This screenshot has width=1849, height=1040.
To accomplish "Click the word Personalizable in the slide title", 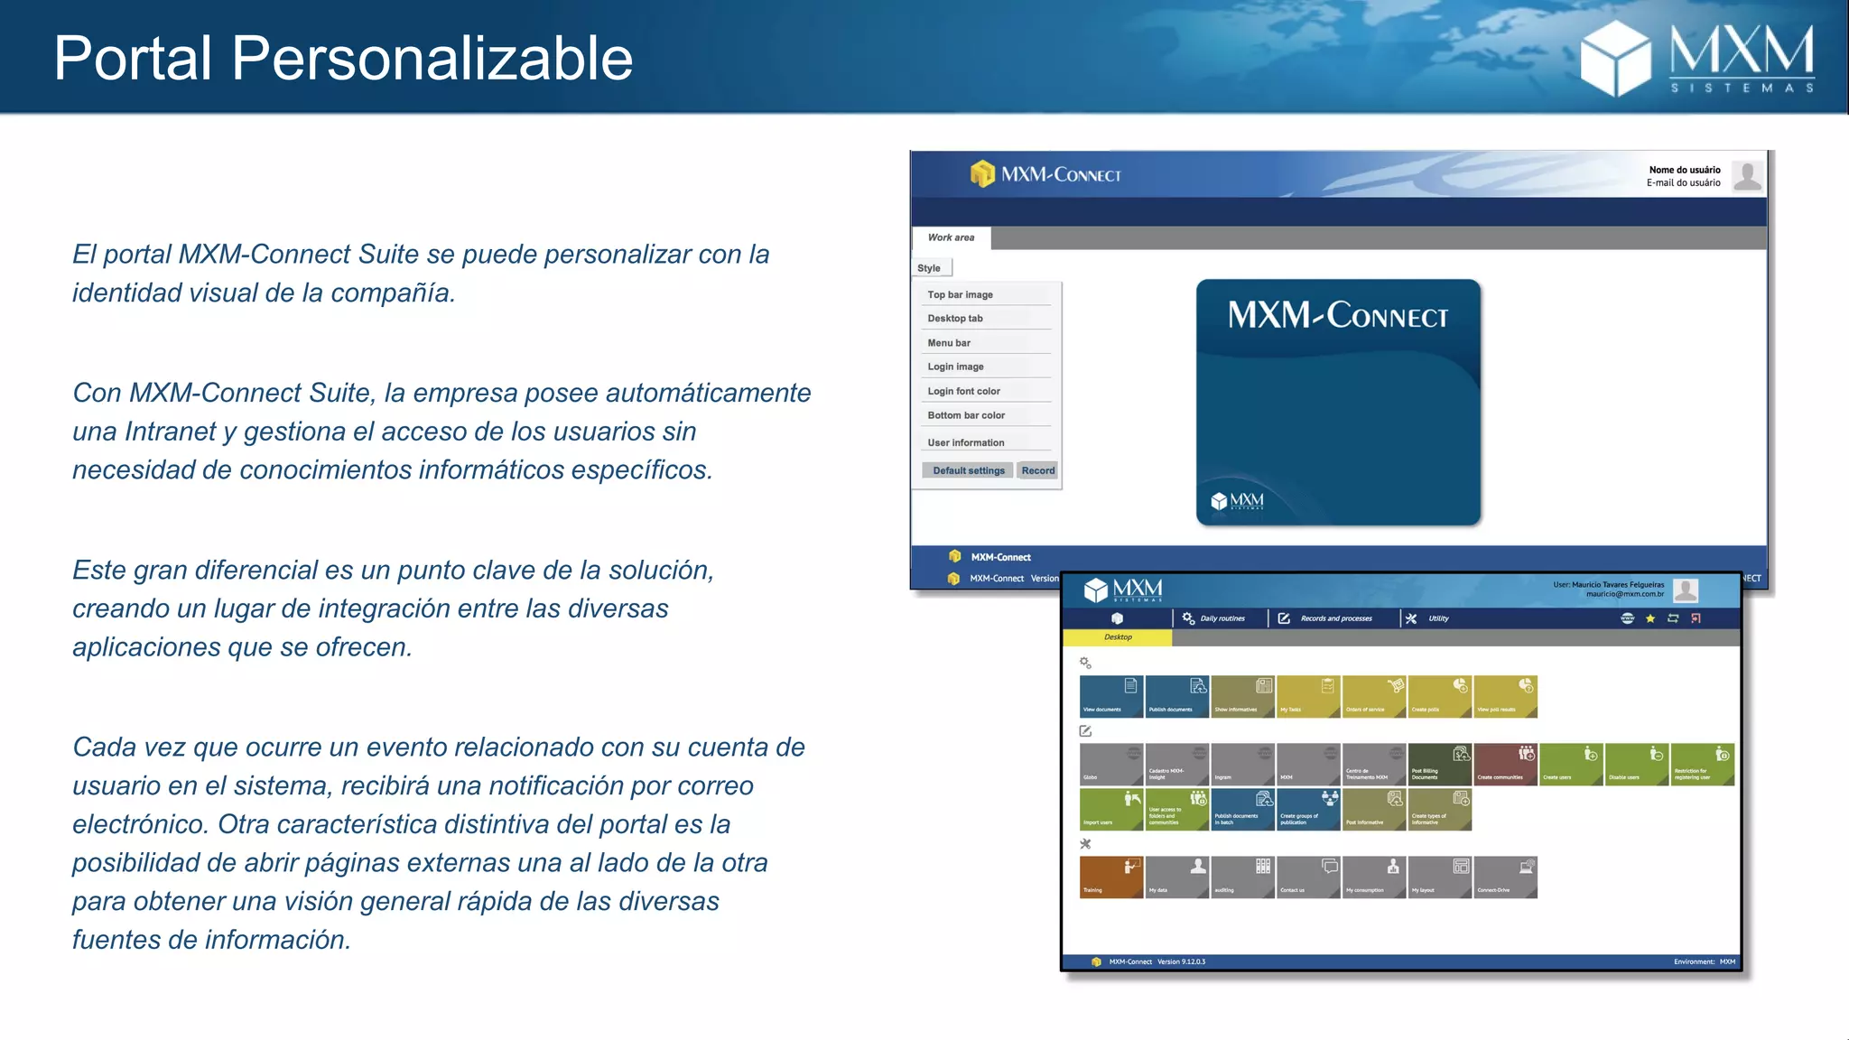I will [x=432, y=59].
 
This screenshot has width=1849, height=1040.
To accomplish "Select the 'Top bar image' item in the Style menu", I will [x=960, y=294].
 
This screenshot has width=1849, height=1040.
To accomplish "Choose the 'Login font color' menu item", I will [x=963, y=391].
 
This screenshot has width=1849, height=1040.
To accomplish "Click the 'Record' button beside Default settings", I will [x=1037, y=470].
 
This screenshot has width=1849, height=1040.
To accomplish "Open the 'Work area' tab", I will [x=951, y=237].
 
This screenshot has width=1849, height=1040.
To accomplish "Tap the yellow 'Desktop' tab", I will [x=1118, y=637].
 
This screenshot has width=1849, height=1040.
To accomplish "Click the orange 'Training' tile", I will [x=1110, y=877].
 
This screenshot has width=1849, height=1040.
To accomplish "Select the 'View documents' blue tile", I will [x=1110, y=696].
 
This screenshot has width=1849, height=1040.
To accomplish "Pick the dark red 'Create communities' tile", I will [x=1505, y=764].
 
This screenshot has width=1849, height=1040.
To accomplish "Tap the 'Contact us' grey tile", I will [x=1307, y=877].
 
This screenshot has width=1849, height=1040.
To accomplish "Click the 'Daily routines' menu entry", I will [x=1222, y=618].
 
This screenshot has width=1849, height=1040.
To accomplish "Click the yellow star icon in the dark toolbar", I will [x=1650, y=618].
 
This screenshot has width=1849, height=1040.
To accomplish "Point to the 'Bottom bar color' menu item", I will [x=966, y=415].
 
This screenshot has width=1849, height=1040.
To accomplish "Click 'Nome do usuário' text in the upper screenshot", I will [x=1684, y=170].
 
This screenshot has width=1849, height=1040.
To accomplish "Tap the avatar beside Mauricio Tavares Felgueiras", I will [x=1685, y=590].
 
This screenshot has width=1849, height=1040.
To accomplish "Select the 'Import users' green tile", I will [x=1110, y=809].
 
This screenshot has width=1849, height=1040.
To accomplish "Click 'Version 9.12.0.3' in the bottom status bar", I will [x=1181, y=962].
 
